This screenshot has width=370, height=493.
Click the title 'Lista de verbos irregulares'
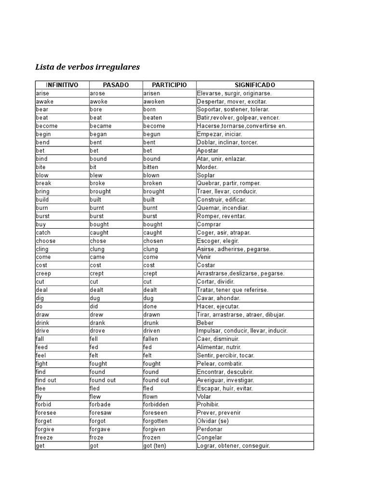click(87, 67)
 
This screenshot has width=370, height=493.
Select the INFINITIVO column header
click(62, 85)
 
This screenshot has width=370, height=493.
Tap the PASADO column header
click(116, 85)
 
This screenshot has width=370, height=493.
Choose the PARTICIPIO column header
click(169, 85)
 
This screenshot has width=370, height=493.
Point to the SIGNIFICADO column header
click(255, 85)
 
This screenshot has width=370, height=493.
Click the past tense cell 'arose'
click(98, 93)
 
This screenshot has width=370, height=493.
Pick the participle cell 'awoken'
click(154, 102)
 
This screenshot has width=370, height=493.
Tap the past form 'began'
click(98, 134)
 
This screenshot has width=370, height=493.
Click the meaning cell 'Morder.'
click(207, 167)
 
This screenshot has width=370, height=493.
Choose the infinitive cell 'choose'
click(46, 241)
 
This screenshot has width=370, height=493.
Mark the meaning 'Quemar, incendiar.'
click(223, 208)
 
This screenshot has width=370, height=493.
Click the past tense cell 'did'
click(94, 306)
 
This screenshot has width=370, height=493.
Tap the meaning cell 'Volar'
click(204, 397)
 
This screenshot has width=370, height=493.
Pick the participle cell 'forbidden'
click(156, 405)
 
